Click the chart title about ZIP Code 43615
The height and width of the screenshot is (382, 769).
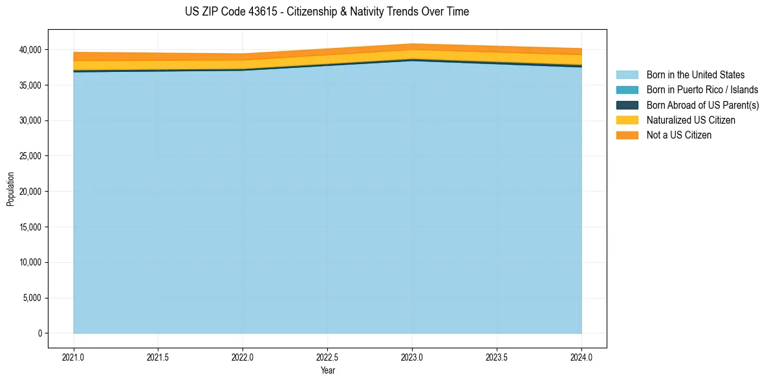tap(327, 12)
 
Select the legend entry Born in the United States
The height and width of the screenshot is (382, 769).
tap(695, 75)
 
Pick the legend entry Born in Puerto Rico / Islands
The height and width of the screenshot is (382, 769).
tap(702, 90)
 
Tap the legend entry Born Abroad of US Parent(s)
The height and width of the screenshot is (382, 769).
tap(702, 105)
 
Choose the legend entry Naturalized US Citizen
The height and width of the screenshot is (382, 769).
tap(691, 120)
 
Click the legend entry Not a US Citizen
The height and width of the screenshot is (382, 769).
tap(678, 135)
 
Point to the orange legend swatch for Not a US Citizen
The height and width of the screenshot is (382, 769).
tap(627, 135)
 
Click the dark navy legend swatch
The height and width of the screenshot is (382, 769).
tap(627, 105)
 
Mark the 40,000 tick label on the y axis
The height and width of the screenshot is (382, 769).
tap(30, 50)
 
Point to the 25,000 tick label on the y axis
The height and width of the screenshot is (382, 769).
tap(30, 156)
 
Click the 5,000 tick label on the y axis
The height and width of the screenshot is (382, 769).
tap(32, 298)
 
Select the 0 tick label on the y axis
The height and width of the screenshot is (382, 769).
tap(39, 333)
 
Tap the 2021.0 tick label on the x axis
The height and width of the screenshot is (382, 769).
tap(73, 357)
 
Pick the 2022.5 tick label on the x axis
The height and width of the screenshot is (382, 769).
tap(327, 357)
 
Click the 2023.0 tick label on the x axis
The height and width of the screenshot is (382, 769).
tap(412, 357)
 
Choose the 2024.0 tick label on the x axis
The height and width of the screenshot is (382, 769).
tap(581, 357)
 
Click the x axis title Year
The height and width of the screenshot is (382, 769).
tap(327, 370)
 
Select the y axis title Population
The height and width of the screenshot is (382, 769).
tap(10, 189)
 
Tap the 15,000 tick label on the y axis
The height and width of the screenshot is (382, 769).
tap(30, 227)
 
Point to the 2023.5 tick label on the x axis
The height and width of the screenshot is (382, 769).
tap(497, 357)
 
